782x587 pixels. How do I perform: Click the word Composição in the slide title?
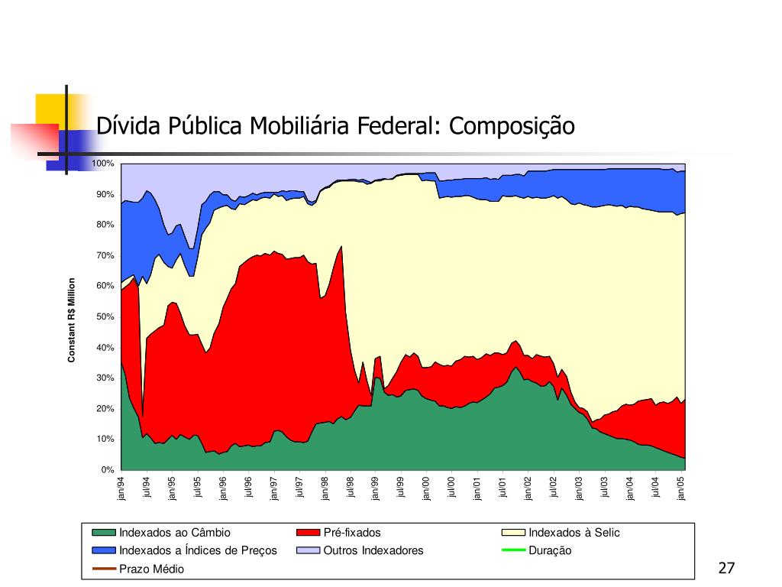click(511, 126)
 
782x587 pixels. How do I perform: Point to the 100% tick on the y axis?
click(103, 164)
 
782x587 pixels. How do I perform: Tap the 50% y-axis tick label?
click(105, 316)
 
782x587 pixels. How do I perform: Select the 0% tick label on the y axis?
click(108, 469)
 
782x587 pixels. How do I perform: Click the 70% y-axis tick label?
click(105, 255)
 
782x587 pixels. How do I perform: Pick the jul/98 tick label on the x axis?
click(351, 488)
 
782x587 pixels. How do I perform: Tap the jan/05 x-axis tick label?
click(682, 488)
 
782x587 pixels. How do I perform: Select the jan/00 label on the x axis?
click(427, 488)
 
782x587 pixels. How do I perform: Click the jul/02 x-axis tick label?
click(554, 488)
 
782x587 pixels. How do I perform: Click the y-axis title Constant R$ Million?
click(71, 320)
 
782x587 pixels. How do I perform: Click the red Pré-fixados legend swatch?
click(308, 533)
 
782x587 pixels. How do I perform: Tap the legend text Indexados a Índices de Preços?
click(198, 550)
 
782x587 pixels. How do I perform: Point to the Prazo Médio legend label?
click(151, 569)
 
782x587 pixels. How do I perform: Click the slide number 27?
click(726, 568)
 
